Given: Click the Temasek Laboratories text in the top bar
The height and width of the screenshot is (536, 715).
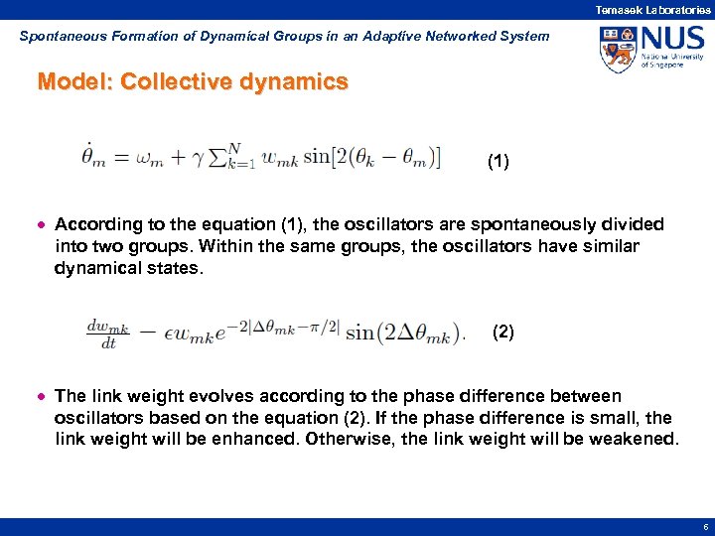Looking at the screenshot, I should tap(652, 9).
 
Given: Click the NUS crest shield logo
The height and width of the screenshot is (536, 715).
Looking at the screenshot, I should tap(617, 49).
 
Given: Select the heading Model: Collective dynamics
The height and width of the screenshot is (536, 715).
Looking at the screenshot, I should tap(193, 81).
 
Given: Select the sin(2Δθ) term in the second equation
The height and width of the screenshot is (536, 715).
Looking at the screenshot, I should tap(403, 333).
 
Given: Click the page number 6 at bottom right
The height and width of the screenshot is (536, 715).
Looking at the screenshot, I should tap(704, 528).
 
